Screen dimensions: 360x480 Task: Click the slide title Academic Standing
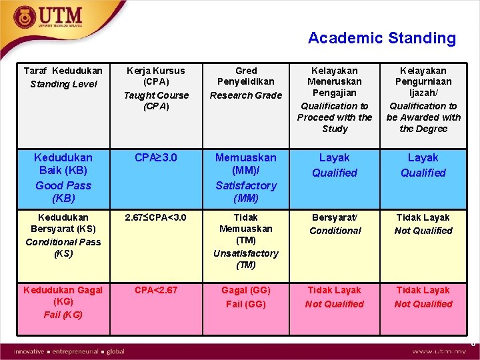381,38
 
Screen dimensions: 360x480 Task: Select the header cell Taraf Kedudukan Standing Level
63,77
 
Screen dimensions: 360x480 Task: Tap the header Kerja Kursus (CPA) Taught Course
156,88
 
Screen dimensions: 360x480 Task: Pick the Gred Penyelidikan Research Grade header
246,83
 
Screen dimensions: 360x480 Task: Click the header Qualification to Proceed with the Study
335,99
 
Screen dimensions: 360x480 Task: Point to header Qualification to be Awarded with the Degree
423,99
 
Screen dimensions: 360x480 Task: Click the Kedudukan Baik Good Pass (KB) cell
63,178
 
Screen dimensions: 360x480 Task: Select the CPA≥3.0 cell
156,158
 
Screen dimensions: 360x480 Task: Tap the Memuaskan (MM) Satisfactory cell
246,178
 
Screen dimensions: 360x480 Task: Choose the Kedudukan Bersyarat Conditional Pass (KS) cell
63,235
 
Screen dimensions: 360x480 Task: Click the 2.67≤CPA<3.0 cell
156,217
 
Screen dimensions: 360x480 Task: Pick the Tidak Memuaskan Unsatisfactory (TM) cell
246,241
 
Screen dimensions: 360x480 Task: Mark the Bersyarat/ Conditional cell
335,224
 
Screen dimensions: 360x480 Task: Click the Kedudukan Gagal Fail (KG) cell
63,302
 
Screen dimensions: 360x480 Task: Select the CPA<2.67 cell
156,290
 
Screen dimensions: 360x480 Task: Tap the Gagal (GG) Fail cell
246,297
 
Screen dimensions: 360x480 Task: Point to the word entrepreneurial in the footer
75,351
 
